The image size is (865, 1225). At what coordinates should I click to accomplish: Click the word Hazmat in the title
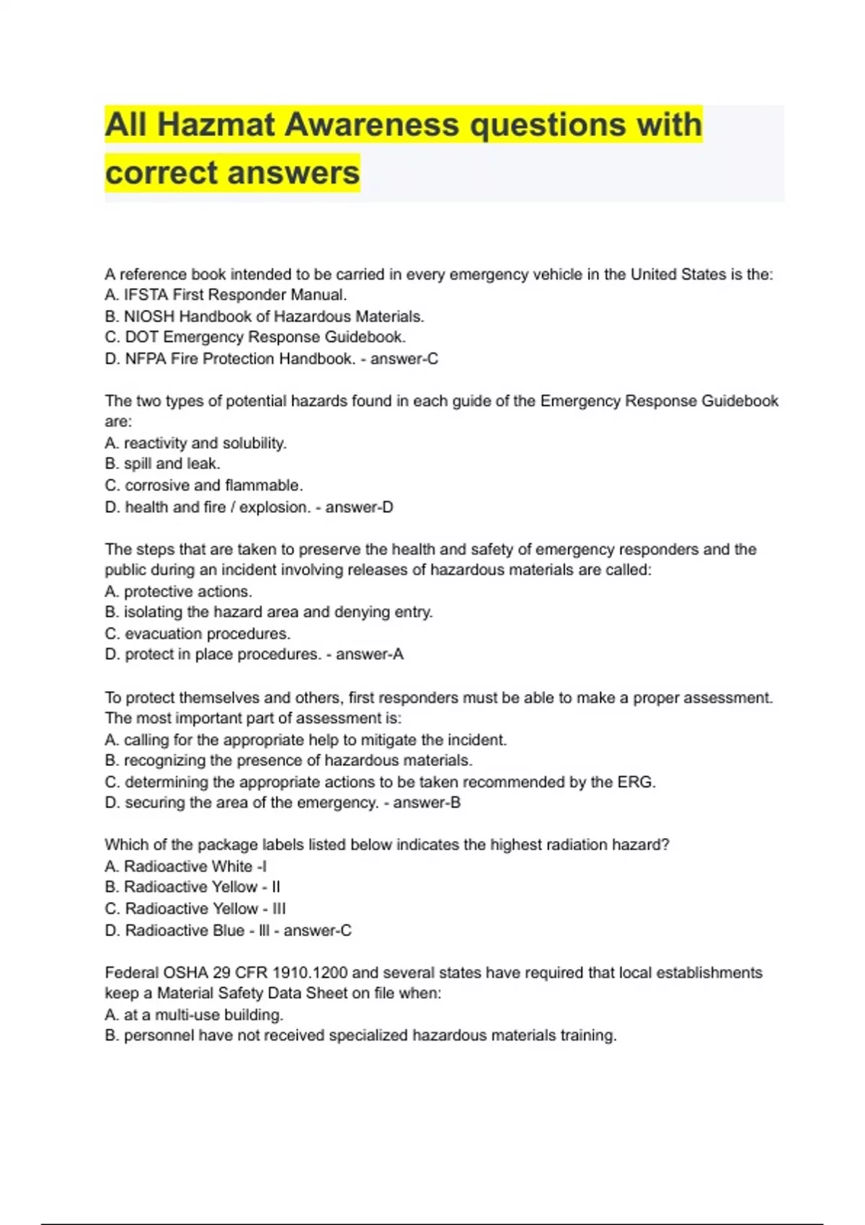216,125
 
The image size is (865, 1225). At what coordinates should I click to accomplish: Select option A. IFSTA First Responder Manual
226,295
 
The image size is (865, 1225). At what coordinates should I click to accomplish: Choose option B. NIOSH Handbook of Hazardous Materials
264,316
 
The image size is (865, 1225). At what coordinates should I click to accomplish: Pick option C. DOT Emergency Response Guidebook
255,337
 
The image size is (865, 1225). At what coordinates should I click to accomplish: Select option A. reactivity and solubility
195,443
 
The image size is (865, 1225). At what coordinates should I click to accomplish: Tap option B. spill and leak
162,464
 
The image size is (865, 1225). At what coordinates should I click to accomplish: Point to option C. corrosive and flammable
203,486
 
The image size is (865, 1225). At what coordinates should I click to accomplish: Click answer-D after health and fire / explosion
359,507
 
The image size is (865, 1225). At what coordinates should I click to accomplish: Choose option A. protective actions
178,592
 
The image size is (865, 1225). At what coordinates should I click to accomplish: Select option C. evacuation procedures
198,634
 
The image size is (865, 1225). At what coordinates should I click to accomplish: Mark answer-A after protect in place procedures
370,654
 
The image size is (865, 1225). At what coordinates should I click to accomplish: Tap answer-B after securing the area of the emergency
427,803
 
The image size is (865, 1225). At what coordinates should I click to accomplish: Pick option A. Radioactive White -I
185,866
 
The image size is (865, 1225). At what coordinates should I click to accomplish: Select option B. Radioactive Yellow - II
192,887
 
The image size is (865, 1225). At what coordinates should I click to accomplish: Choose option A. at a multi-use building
194,1015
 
